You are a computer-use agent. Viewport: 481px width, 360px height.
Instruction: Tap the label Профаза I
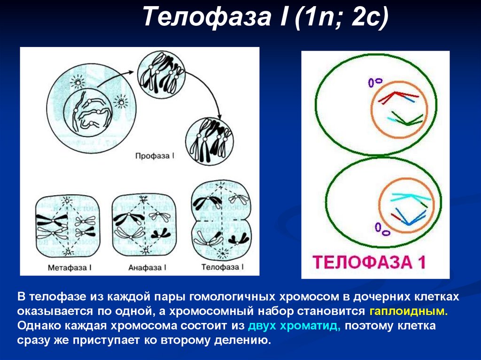click(x=154, y=154)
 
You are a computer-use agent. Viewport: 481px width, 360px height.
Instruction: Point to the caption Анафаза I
click(x=147, y=267)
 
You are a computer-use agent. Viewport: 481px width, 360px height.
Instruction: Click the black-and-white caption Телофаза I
click(x=222, y=267)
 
